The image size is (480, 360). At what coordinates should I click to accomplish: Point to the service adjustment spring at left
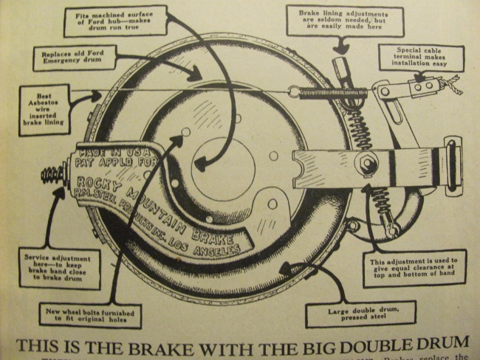[x=53, y=177]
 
